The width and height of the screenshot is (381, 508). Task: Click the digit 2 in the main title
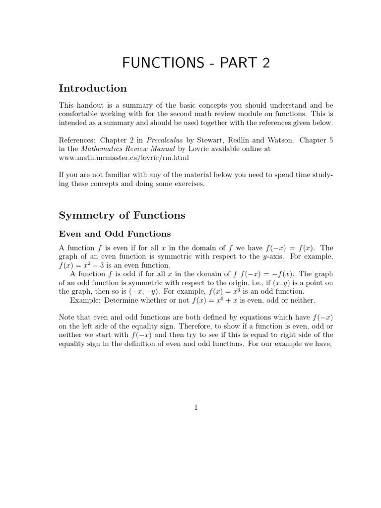click(x=265, y=63)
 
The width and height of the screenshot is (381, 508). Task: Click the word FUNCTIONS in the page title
click(x=163, y=63)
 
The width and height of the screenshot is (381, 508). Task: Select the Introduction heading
click(x=93, y=89)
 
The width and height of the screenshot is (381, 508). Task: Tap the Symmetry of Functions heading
click(x=122, y=215)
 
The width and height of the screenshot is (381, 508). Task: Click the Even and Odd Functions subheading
click(x=115, y=234)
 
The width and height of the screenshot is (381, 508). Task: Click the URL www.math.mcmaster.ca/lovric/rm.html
click(x=124, y=158)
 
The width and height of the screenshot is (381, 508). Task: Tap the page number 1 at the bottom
click(x=196, y=407)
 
